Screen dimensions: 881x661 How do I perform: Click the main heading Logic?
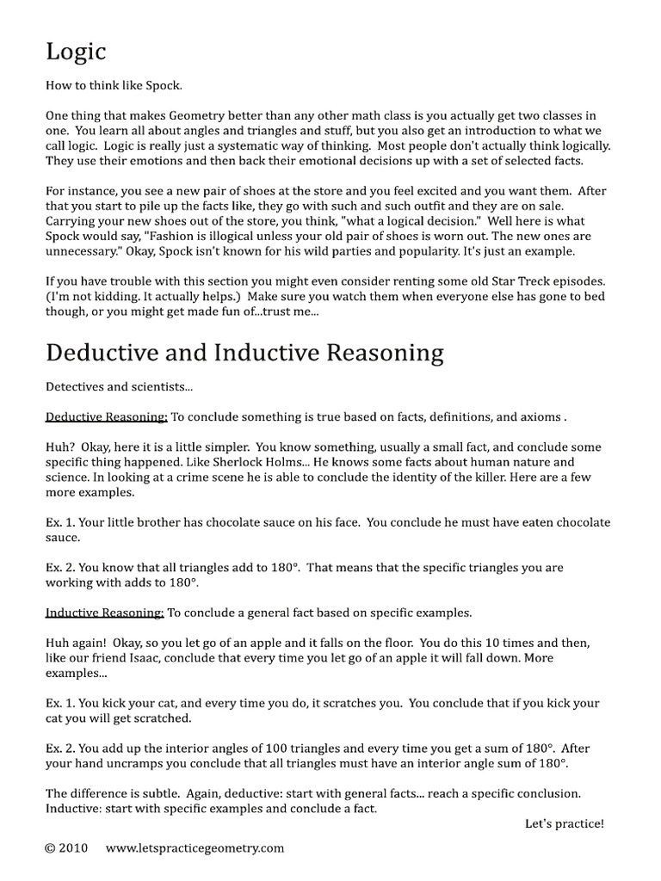click(76, 52)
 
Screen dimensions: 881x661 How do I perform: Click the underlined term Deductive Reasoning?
click(106, 417)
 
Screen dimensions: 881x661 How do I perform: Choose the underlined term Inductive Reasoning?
click(104, 613)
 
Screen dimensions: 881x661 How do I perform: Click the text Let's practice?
click(564, 823)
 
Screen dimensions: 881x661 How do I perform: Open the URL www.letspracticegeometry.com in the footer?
click(195, 847)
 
